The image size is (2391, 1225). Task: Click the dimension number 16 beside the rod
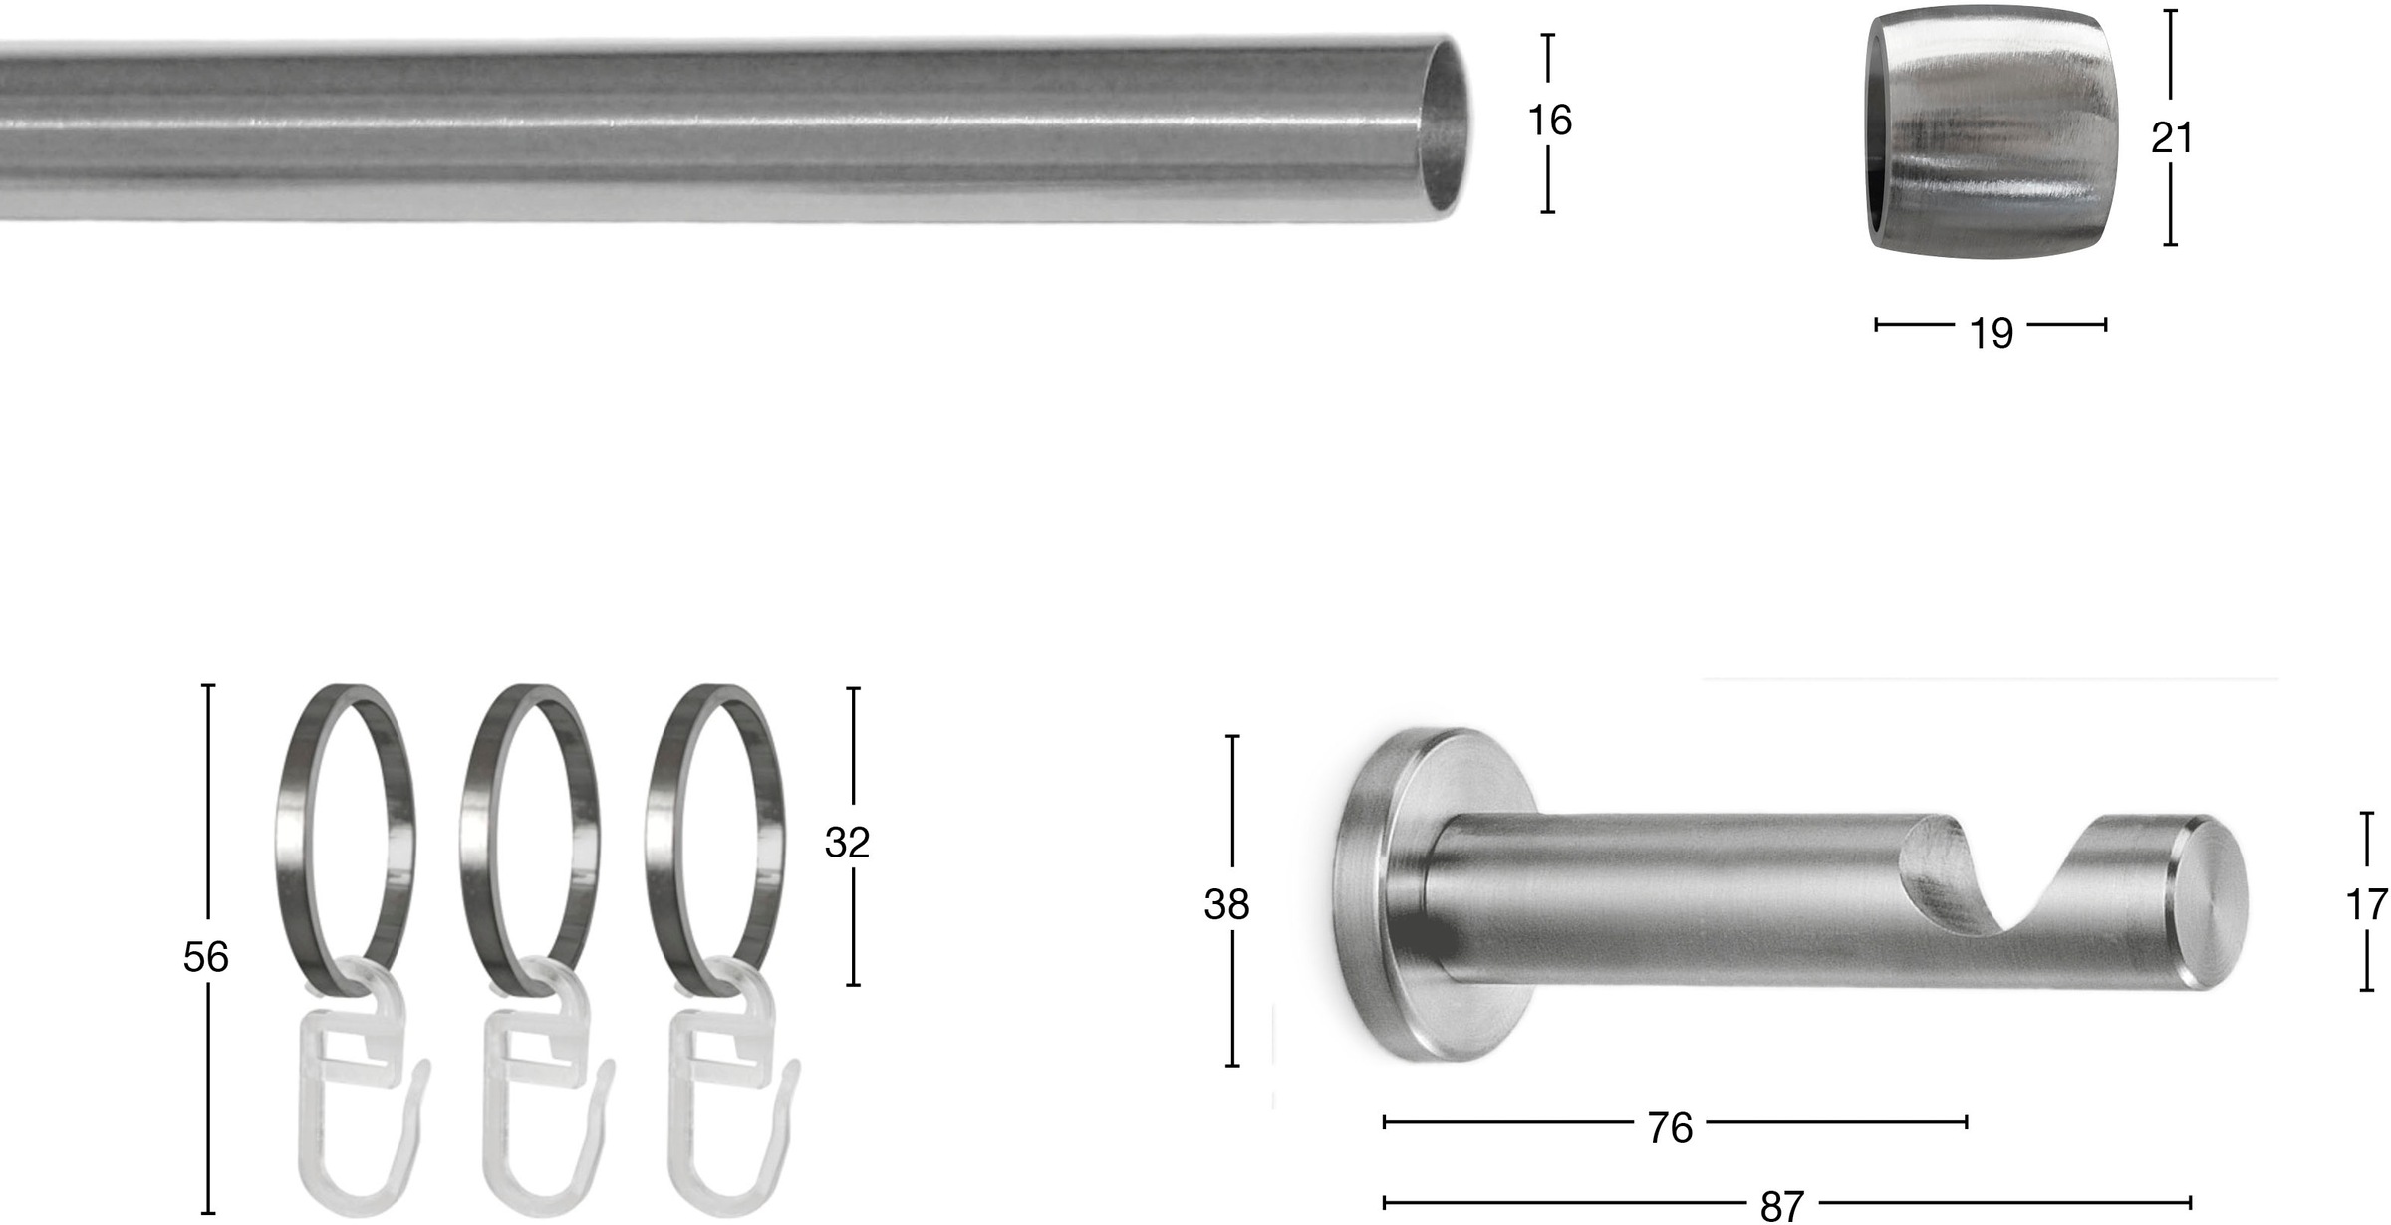[1549, 121]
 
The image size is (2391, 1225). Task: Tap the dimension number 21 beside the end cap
[2172, 137]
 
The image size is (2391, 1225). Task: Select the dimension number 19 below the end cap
[1992, 333]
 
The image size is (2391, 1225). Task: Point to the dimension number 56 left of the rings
[206, 957]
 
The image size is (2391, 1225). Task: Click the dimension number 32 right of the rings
[847, 843]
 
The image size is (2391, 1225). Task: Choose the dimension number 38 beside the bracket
[1226, 904]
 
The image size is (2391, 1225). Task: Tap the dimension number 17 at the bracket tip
[2367, 905]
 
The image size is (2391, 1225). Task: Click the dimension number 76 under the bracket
[1670, 1128]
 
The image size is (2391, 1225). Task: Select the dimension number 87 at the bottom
[1782, 1206]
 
